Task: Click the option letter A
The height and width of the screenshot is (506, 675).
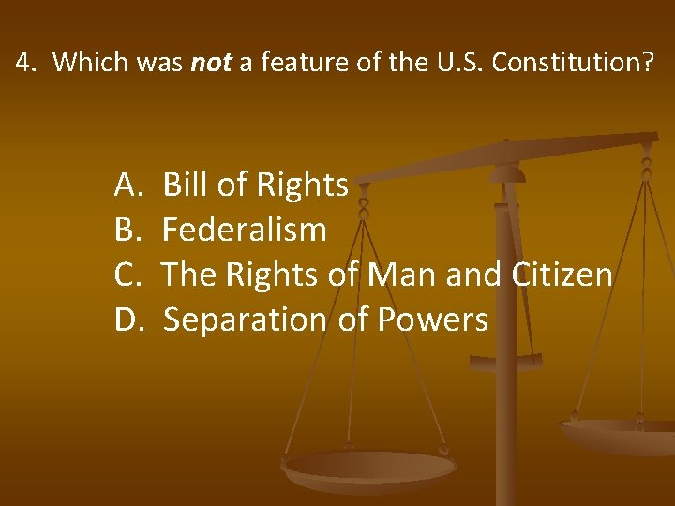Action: click(127, 186)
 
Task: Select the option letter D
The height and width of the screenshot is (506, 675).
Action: click(127, 320)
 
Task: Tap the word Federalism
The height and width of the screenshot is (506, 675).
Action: click(245, 231)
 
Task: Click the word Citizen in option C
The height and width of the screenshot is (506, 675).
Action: click(562, 275)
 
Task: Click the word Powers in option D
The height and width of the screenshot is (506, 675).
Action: click(432, 320)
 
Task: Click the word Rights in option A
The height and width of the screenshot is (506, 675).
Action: click(302, 186)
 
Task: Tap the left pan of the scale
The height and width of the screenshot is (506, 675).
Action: click(369, 469)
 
